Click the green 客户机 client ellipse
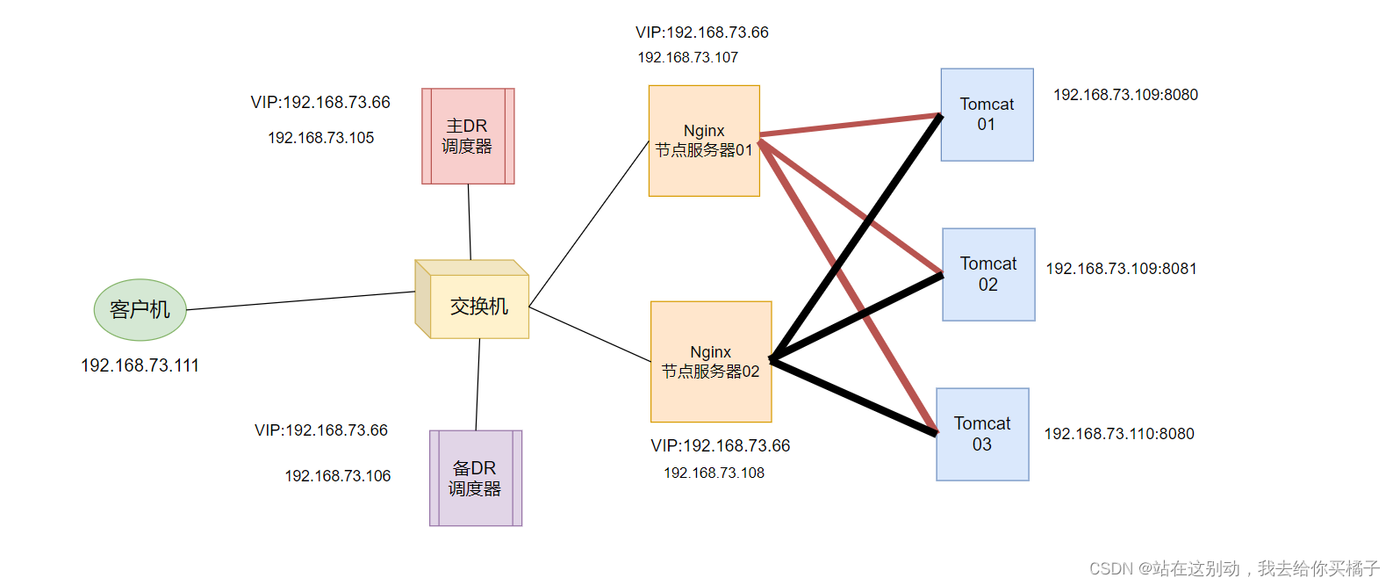pos(140,309)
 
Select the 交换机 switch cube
pos(474,303)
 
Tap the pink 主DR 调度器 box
pos(468,136)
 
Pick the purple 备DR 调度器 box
pos(475,478)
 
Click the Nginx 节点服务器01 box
pos(703,141)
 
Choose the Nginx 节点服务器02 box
pos(710,362)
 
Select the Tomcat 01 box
pos(987,114)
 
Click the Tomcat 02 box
pos(987,274)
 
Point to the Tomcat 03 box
pos(981,434)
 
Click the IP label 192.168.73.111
pos(140,365)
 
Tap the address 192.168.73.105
pos(320,138)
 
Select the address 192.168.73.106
pos(337,476)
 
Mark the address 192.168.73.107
pos(687,57)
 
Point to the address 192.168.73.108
pos(714,473)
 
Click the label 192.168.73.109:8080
pos(1124,95)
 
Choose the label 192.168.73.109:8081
pos(1121,269)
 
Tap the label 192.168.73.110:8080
pos(1118,434)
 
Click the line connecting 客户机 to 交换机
pos(300,300)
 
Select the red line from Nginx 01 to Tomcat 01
pos(850,125)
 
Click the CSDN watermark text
pos(1233,568)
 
